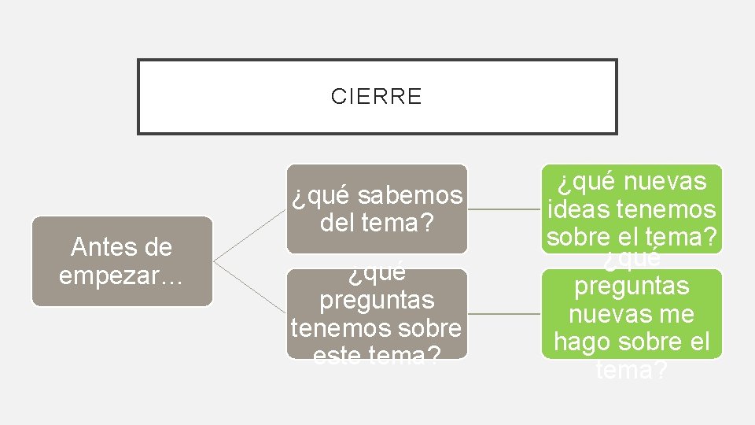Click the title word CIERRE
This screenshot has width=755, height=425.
tap(376, 97)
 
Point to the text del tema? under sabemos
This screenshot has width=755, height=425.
tap(377, 224)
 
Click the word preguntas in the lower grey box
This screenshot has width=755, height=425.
tap(377, 300)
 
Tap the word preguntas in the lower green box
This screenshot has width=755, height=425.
tap(631, 286)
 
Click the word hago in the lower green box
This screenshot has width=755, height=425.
tap(581, 342)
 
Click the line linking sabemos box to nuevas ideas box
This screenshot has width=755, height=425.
tap(503, 209)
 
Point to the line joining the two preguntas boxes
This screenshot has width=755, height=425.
tap(503, 314)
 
